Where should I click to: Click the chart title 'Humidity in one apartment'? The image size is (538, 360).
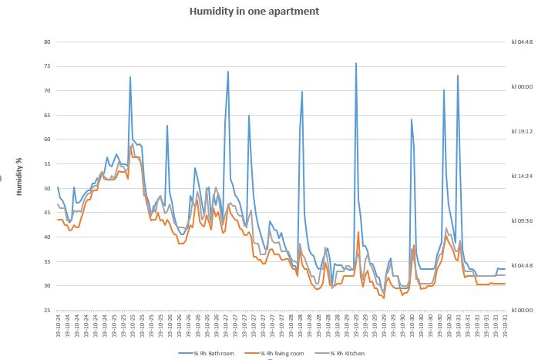(x=254, y=12)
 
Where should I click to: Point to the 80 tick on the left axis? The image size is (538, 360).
(x=46, y=42)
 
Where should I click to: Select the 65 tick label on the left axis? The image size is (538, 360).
(x=46, y=115)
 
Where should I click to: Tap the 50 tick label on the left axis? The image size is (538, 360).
(x=46, y=188)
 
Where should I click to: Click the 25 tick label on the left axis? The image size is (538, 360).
(x=46, y=310)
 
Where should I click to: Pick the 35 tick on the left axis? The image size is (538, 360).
(x=46, y=261)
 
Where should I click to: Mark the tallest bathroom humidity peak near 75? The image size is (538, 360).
(x=356, y=64)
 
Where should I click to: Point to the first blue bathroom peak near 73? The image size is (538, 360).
(x=130, y=77)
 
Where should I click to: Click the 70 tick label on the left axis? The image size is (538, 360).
(x=46, y=91)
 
